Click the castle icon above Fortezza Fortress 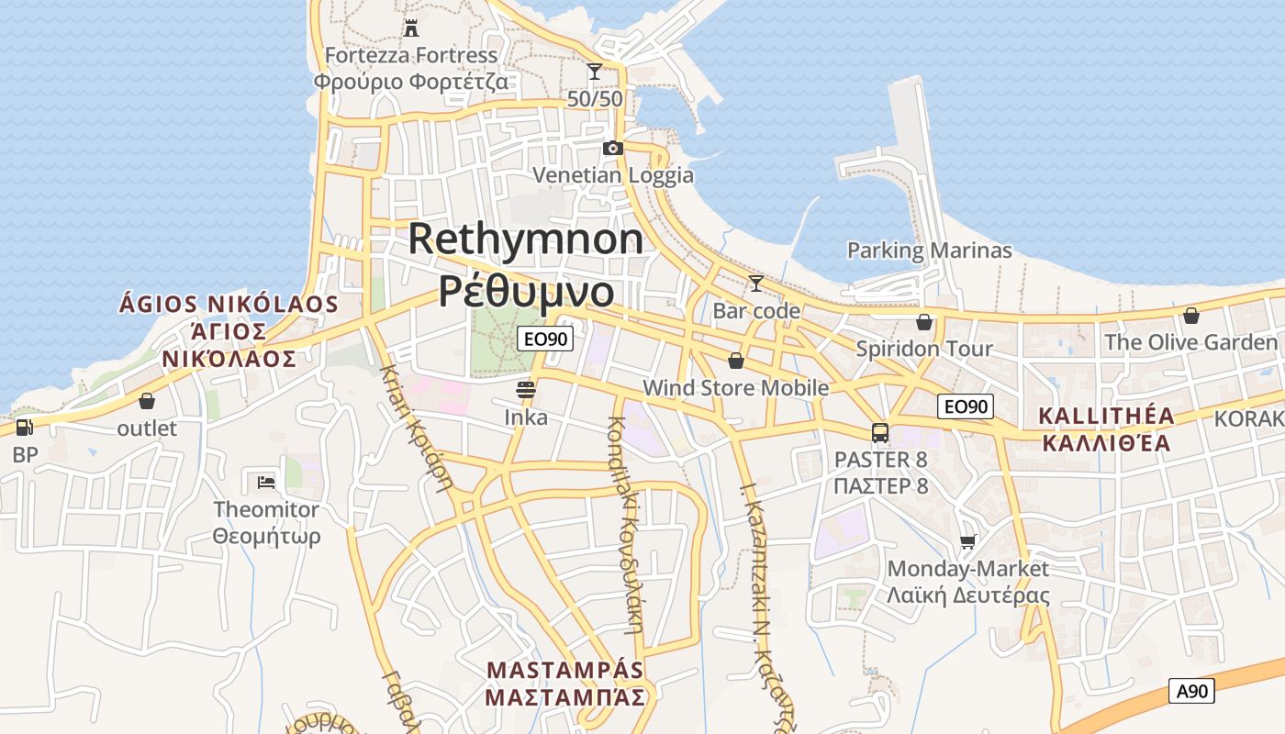410,28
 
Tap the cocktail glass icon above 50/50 595,72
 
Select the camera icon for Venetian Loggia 612,148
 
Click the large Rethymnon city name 526,239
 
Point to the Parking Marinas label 929,250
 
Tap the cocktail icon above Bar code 756,283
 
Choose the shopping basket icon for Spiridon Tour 923,322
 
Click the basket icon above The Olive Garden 1190,316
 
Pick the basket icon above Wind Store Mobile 735,361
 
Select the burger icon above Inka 526,390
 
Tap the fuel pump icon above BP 24,427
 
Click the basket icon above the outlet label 147,401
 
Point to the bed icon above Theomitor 266,482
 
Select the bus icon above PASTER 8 880,432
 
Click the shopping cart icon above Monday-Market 967,542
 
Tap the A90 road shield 1191,691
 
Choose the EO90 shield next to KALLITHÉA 967,406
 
